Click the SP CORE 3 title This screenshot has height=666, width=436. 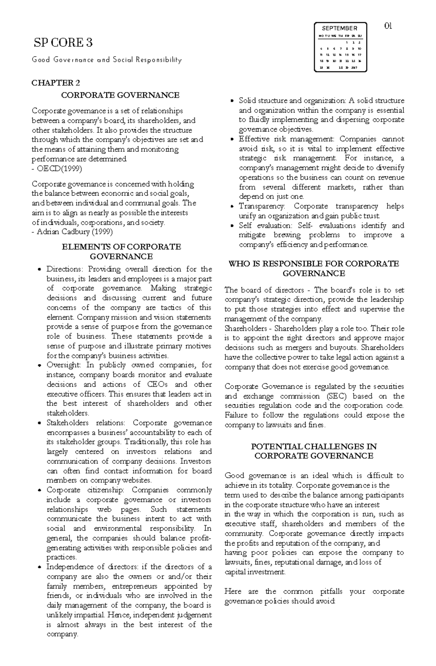63,43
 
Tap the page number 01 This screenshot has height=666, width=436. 388,26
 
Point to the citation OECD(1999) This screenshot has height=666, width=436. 59,168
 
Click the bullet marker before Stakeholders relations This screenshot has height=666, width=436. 40,424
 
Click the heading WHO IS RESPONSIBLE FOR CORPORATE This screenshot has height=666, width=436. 314,264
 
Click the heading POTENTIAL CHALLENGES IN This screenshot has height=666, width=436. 314,446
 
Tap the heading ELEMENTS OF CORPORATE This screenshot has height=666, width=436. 121,247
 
